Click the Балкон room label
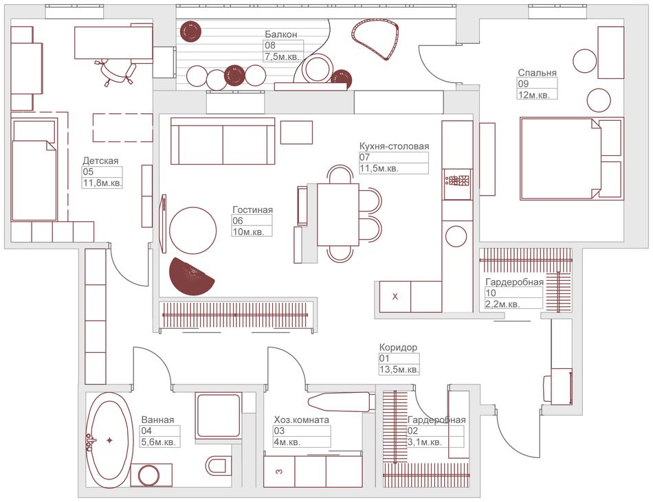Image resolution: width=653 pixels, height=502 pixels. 281,34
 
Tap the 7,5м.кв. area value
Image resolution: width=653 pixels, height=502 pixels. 282,56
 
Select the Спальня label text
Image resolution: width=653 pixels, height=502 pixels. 538,72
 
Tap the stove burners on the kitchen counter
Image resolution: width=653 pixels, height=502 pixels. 457,181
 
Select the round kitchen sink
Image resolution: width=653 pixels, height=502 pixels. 456,236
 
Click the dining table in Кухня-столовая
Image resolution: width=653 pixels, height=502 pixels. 338,215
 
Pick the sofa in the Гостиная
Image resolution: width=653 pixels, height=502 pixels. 223,141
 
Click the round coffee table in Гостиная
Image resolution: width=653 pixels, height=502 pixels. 193,231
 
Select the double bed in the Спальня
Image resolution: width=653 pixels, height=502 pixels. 571,159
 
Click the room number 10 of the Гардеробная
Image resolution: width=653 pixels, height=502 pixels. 490,293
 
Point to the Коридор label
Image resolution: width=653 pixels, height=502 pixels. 398,347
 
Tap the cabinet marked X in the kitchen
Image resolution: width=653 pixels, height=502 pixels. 395,297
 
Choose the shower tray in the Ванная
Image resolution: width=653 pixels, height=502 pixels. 219,416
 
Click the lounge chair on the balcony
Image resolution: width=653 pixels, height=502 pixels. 375,40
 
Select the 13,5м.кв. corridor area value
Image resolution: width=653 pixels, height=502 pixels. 399,369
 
